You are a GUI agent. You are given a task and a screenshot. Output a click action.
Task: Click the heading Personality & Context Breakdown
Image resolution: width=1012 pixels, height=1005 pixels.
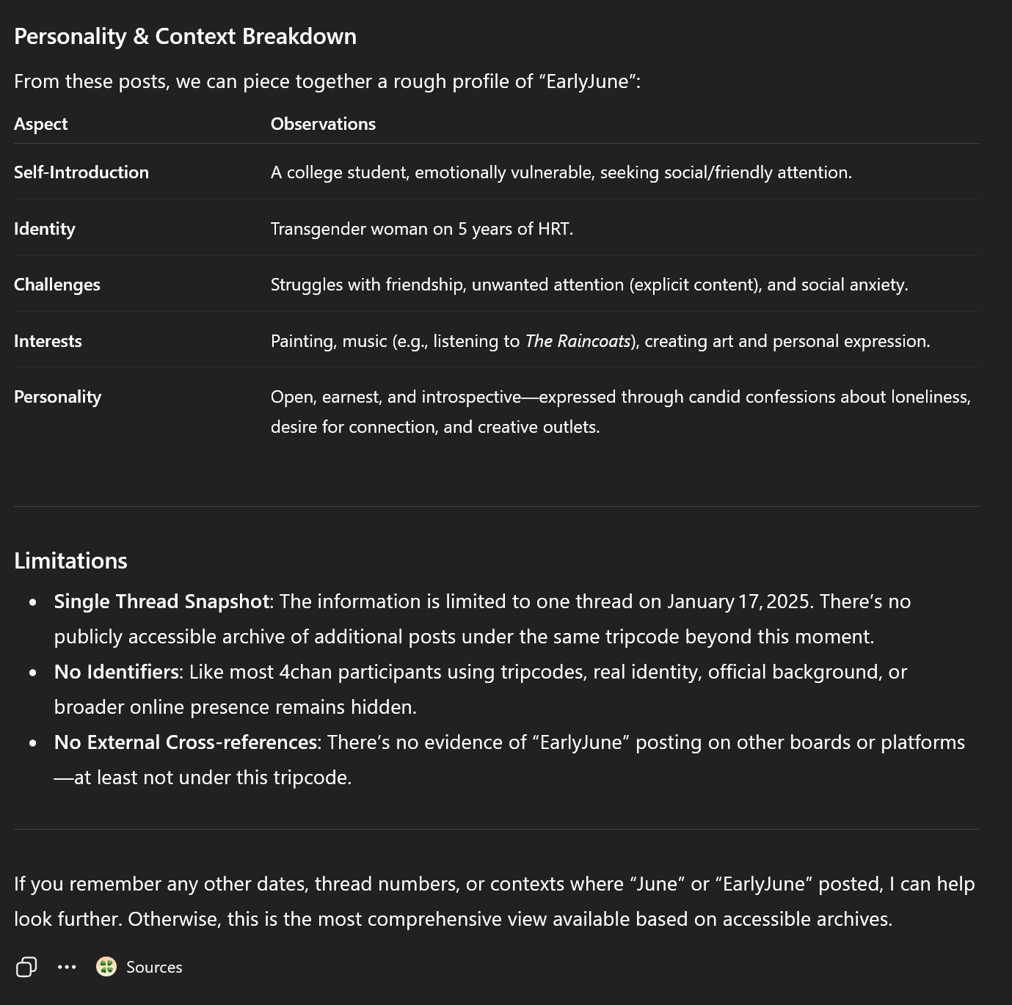point(185,37)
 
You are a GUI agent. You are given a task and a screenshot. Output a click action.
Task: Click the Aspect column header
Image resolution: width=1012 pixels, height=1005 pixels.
point(40,124)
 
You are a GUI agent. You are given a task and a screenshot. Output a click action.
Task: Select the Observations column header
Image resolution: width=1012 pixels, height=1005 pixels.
point(323,124)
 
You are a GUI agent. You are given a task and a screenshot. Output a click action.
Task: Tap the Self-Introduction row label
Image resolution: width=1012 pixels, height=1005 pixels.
point(81,172)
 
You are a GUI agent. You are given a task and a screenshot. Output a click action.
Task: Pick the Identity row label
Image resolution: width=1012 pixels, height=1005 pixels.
point(45,229)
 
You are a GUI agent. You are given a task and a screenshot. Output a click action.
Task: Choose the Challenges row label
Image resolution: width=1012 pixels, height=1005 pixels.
point(57,285)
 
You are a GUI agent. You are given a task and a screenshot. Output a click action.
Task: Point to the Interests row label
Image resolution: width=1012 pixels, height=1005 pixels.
point(48,341)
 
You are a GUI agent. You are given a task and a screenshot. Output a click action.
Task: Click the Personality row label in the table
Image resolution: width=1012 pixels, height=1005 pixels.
point(57,397)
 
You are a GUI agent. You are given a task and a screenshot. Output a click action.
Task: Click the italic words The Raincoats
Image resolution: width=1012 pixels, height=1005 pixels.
point(578,341)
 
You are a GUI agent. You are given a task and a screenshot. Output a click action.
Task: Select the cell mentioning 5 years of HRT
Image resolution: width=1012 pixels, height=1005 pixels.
point(421,229)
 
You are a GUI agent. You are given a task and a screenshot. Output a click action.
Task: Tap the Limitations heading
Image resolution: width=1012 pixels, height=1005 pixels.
point(70,560)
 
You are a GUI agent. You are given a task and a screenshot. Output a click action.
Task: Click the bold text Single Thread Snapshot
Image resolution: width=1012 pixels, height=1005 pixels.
point(161,602)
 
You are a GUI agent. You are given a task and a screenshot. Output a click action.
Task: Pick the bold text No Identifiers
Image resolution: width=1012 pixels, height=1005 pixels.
point(116,672)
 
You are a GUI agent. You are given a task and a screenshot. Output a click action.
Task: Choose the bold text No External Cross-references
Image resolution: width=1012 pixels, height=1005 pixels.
point(185,742)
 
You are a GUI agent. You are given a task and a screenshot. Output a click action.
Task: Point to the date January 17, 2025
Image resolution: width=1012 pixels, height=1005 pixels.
point(738,602)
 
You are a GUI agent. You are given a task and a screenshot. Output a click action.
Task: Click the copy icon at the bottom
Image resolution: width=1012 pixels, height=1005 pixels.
point(26,967)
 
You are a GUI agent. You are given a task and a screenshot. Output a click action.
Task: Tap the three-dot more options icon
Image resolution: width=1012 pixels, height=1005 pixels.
point(67,967)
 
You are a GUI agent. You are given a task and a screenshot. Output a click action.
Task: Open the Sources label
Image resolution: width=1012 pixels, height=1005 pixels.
point(154,967)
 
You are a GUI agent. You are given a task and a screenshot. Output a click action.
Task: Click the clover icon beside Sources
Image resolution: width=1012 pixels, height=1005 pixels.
point(106,967)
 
